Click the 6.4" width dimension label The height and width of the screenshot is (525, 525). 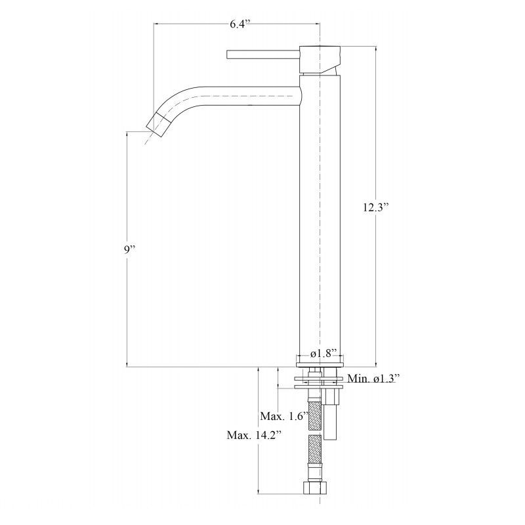pos(240,24)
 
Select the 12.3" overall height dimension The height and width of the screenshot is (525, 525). pos(376,207)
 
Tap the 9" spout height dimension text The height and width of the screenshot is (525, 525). pos(129,249)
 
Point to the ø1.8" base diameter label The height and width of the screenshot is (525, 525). pos(323,354)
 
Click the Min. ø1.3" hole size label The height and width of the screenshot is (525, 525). pos(373,379)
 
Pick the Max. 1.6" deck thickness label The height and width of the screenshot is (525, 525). pos(284,416)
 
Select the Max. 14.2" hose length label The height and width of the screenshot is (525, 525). pos(254,435)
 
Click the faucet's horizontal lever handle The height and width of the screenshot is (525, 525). pos(263,54)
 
